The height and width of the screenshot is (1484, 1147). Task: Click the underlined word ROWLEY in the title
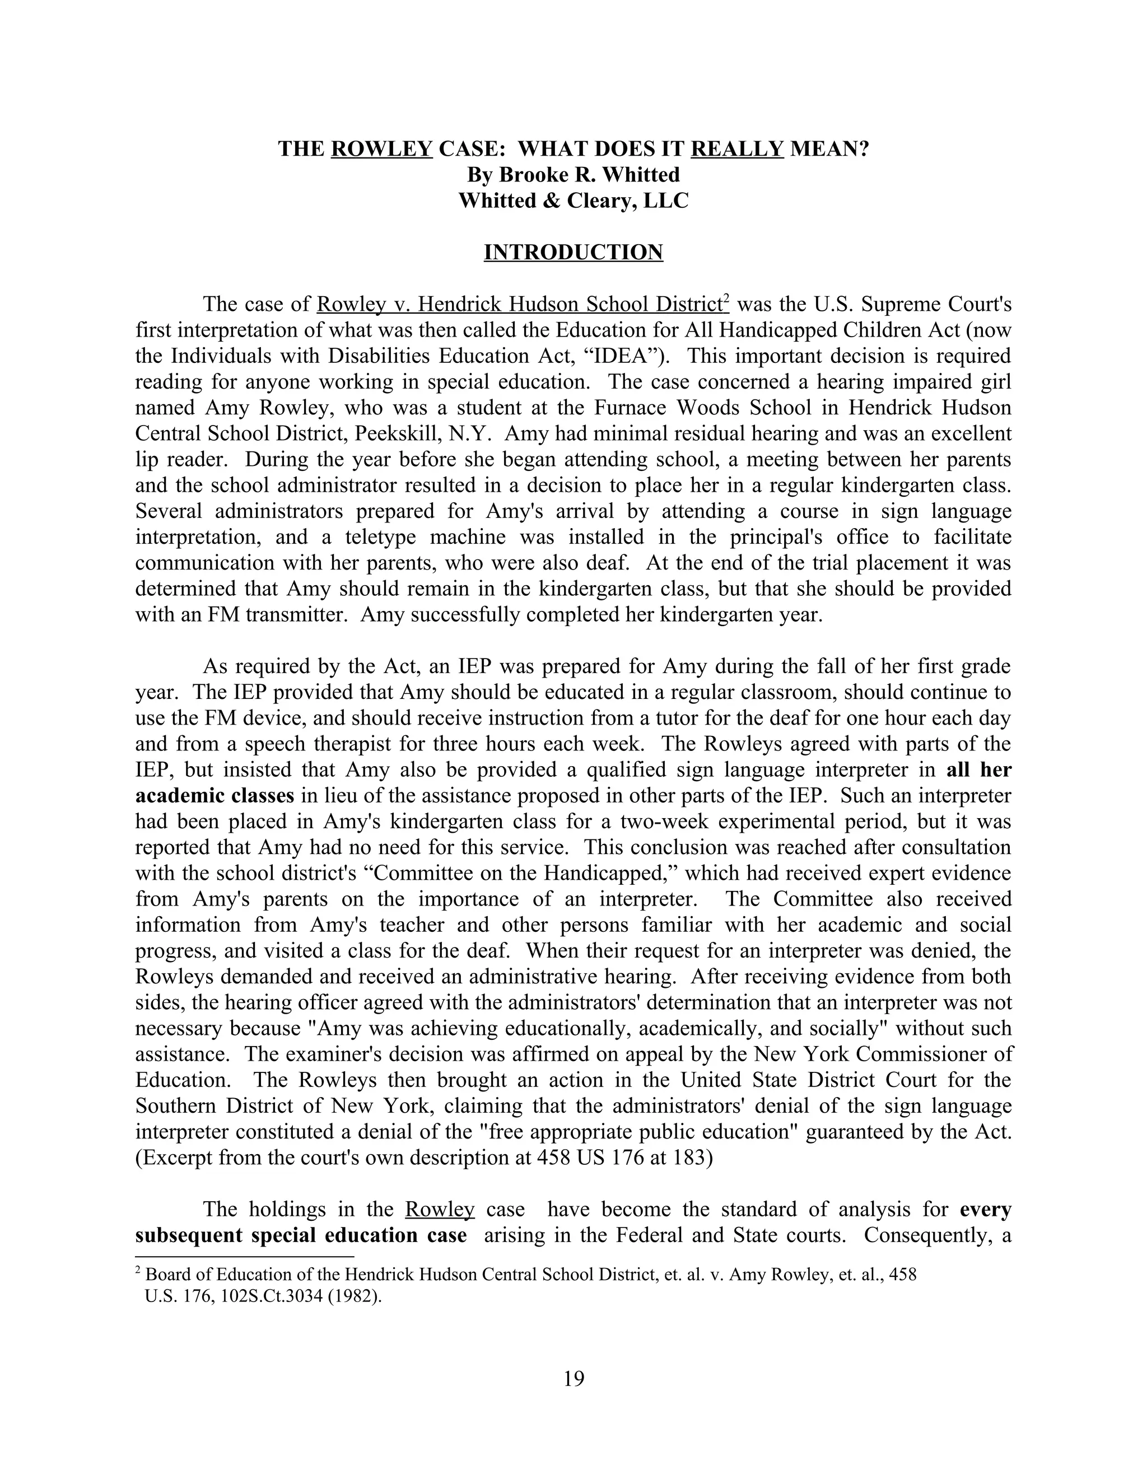pos(382,149)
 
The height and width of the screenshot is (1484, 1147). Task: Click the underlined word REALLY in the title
pos(737,149)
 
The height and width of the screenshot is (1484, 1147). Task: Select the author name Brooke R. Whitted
pos(573,175)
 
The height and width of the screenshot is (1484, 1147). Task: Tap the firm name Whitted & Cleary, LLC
pos(573,200)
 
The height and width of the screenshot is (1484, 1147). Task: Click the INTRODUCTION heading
pos(573,252)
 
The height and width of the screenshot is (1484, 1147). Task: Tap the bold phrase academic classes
pos(214,796)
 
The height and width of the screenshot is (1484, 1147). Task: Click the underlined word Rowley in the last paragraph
pos(439,1210)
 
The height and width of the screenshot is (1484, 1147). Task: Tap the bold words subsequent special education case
pos(301,1235)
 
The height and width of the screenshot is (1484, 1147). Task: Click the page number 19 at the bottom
pos(573,1378)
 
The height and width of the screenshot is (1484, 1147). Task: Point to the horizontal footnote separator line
pos(245,1257)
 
